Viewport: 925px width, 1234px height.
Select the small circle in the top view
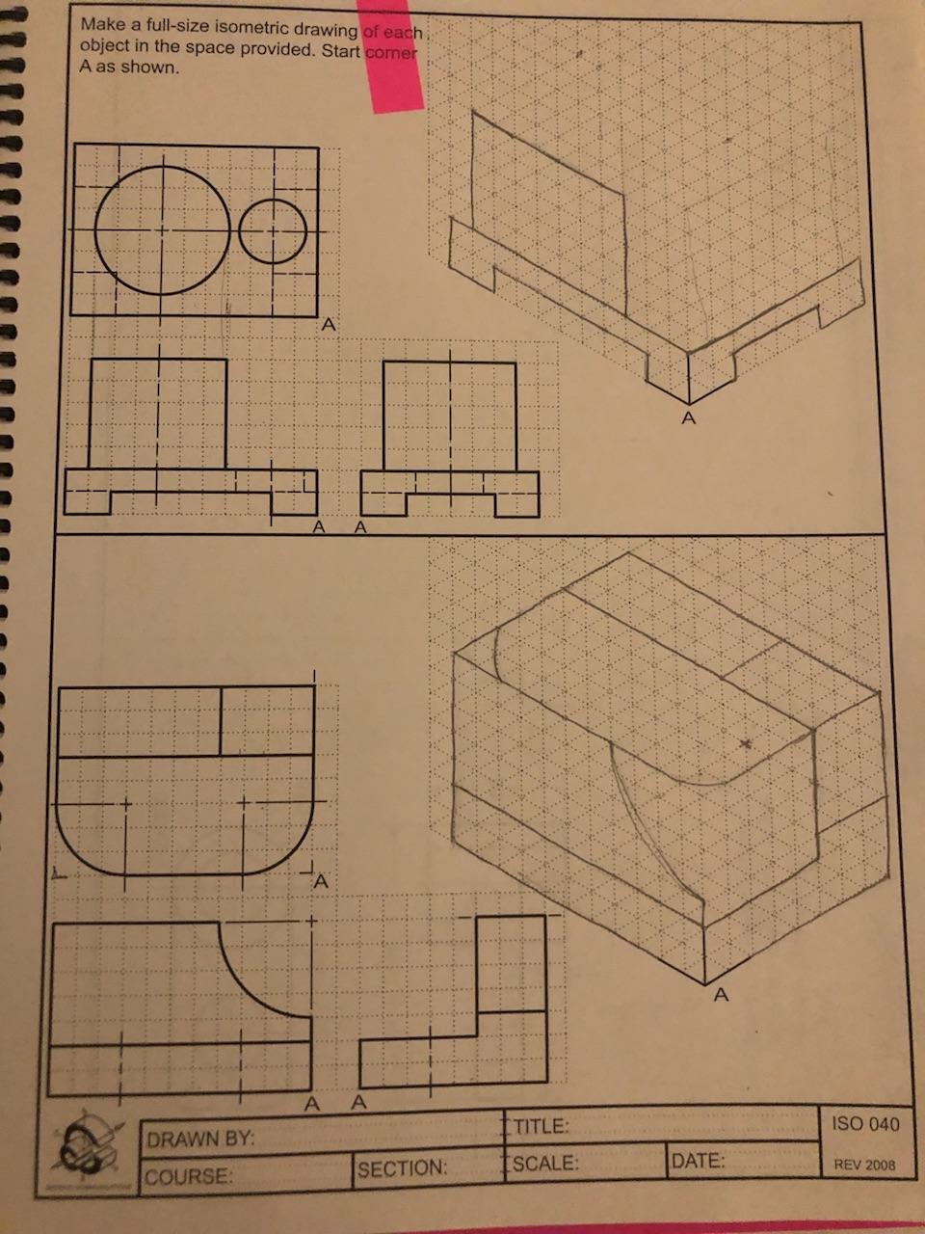click(273, 231)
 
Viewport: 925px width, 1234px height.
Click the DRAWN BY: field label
click(200, 1140)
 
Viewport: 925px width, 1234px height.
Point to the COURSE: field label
click(189, 1177)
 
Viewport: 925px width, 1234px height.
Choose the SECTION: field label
click(402, 1169)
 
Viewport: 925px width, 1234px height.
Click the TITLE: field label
click(542, 1127)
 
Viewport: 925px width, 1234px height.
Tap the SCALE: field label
click(545, 1164)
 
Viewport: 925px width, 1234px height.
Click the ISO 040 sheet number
click(863, 1124)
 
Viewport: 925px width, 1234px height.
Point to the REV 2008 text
click(864, 1165)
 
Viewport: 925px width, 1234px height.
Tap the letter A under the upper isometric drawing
click(688, 418)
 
